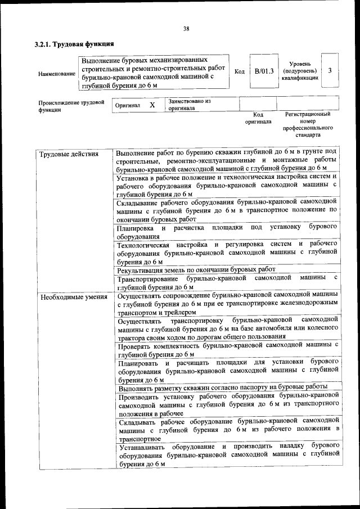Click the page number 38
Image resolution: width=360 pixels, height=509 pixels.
pyautogui.click(x=186, y=29)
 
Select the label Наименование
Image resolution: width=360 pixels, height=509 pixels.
pyautogui.click(x=56, y=74)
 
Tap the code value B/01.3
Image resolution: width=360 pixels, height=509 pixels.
pyautogui.click(x=263, y=71)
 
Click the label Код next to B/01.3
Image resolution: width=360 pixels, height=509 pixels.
pyautogui.click(x=239, y=71)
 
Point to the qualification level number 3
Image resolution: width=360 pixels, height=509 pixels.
pyautogui.click(x=330, y=71)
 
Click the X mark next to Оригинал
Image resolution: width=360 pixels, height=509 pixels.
pyautogui.click(x=152, y=105)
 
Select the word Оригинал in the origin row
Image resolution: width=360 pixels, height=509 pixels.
pyautogui.click(x=128, y=105)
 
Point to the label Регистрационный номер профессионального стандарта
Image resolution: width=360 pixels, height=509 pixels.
pyautogui.click(x=307, y=124)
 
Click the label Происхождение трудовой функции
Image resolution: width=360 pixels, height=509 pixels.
pyautogui.click(x=71, y=106)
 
